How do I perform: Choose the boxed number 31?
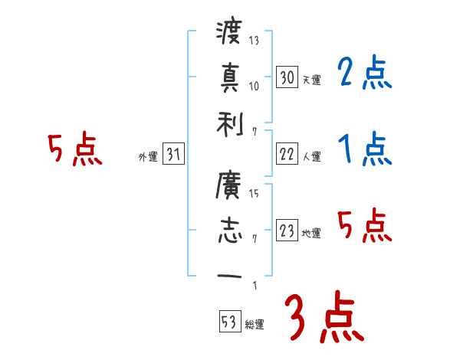(x=173, y=154)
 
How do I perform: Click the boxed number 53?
(x=229, y=322)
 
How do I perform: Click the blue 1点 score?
(x=364, y=149)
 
